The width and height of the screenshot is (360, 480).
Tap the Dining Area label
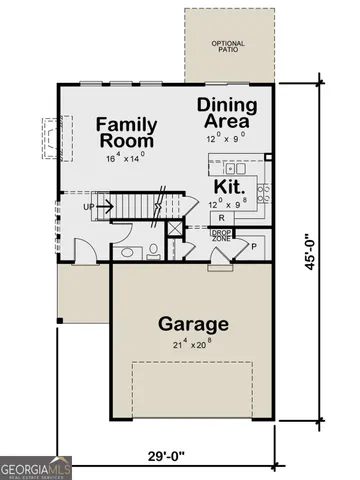pyautogui.click(x=229, y=112)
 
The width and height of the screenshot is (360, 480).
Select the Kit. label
pyautogui.click(x=228, y=186)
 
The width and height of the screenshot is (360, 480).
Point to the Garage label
pyautogui.click(x=194, y=324)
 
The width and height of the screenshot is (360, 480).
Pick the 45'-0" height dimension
pyautogui.click(x=314, y=251)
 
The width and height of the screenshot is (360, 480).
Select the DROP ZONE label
pyautogui.click(x=221, y=235)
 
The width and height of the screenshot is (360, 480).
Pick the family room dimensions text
pyautogui.click(x=125, y=157)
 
